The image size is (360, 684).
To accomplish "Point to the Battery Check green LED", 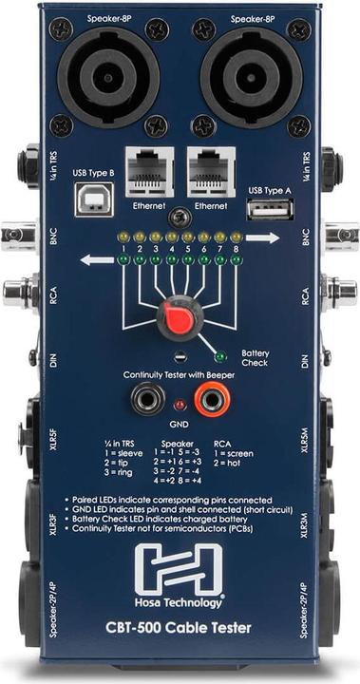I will (x=221, y=357).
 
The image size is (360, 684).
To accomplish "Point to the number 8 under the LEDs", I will (x=235, y=248).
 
